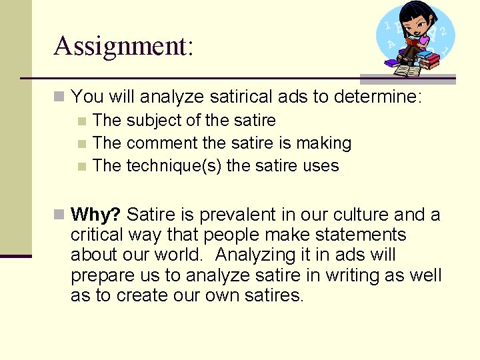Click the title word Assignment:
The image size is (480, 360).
(123, 47)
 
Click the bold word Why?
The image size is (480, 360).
(95, 215)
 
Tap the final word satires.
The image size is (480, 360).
(270, 295)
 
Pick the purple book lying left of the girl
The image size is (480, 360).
(391, 62)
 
